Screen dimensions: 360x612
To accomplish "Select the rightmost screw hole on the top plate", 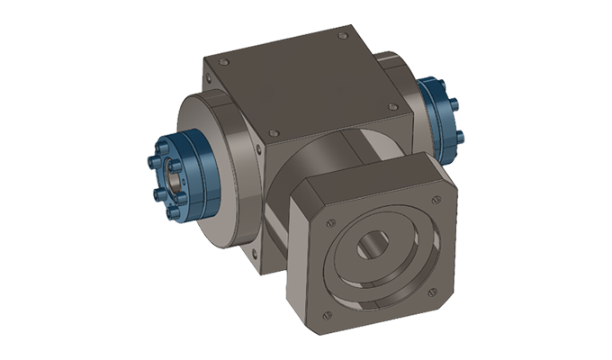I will point(391,105).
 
